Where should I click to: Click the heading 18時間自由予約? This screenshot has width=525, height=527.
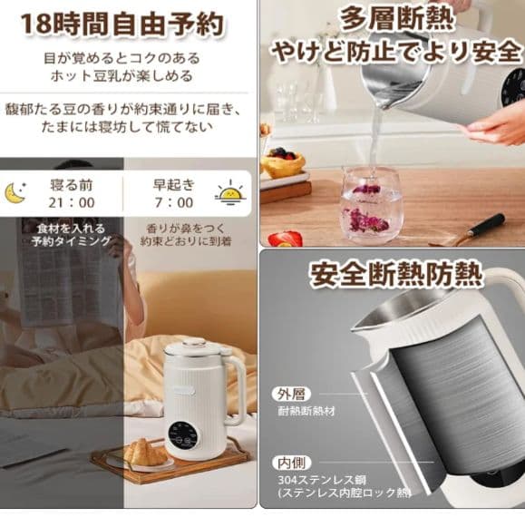point(122,24)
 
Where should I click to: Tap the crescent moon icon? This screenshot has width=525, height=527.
point(15,193)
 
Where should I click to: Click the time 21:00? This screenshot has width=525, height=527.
point(72,203)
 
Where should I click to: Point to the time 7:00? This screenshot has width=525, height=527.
point(173,203)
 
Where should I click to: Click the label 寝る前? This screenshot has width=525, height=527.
point(72,183)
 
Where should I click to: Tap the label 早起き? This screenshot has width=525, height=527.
point(173,183)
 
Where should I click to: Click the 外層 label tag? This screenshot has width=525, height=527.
point(291,394)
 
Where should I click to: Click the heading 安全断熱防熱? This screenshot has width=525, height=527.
point(396,273)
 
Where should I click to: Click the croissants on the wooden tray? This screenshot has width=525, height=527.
point(145,452)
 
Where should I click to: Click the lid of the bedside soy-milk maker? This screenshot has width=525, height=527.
point(196,346)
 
